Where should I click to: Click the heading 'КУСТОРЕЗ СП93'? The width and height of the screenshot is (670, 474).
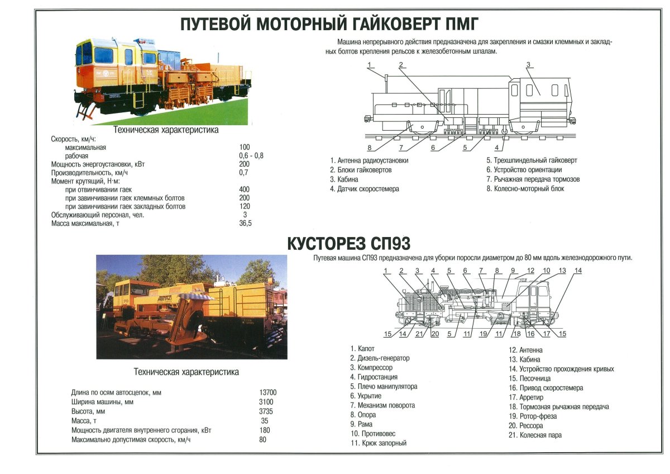348,244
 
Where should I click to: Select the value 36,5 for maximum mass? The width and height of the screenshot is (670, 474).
245,224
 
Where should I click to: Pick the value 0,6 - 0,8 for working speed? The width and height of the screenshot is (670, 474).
251,155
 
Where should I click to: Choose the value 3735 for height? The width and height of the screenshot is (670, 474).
266,411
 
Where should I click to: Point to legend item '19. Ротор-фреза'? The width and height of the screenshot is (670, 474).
532,416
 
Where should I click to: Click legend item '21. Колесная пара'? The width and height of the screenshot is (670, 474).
535,435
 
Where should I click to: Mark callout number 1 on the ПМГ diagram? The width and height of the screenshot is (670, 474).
370,65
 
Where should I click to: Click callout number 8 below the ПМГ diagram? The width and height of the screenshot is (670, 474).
370,148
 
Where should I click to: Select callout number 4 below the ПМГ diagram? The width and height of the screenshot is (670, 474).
496,148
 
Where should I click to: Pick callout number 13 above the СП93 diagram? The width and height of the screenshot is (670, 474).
562,271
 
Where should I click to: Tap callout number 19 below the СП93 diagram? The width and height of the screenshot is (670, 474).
484,334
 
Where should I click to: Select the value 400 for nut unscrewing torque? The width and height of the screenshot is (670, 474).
244,189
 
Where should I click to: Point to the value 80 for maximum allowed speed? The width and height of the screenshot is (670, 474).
262,440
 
